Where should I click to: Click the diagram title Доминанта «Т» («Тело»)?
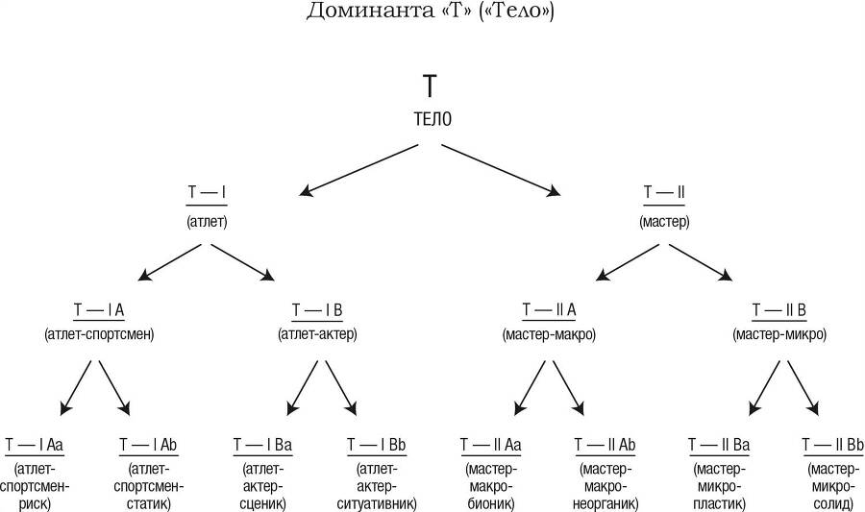click(x=432, y=12)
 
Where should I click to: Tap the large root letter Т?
click(x=431, y=85)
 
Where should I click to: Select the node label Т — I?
click(x=207, y=193)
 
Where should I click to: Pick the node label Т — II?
click(x=664, y=193)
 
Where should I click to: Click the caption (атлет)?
click(x=207, y=221)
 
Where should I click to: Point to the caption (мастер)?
click(x=664, y=221)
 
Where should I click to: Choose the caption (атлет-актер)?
click(x=317, y=335)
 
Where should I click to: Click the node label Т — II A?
click(x=549, y=309)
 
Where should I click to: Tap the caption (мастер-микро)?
click(x=778, y=335)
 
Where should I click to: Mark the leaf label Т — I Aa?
click(x=35, y=445)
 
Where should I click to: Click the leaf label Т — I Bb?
click(x=377, y=445)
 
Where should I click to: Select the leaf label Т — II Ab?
click(x=605, y=445)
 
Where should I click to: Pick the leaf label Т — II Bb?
click(x=833, y=445)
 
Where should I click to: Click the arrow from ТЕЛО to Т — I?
click(x=358, y=170)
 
